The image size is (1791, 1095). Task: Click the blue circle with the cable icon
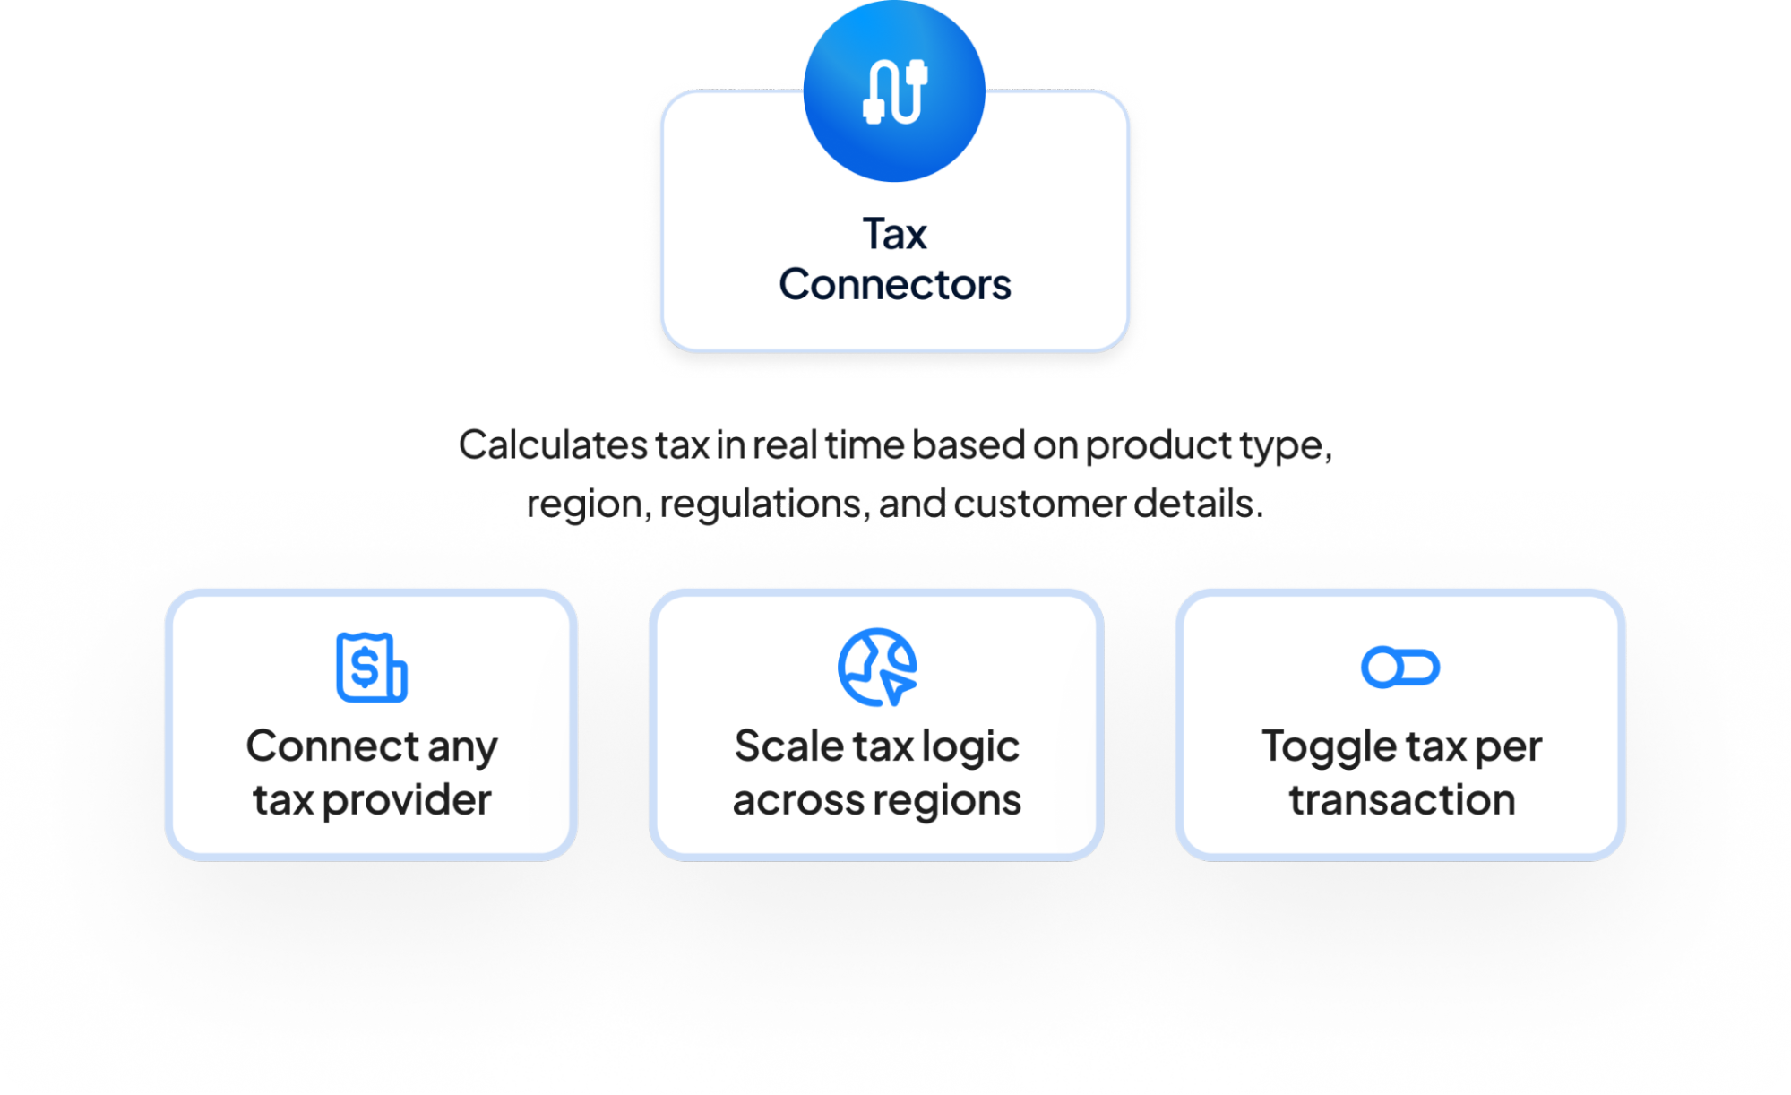(894, 91)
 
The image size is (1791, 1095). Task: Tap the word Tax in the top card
(894, 235)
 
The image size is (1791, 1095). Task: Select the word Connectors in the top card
(894, 285)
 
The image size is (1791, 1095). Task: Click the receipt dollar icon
(371, 668)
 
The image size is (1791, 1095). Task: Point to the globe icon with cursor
(877, 668)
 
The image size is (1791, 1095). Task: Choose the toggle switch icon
(1399, 668)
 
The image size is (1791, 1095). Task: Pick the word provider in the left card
(407, 800)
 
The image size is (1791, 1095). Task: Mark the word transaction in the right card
(1402, 800)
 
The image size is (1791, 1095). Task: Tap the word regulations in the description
(764, 504)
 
